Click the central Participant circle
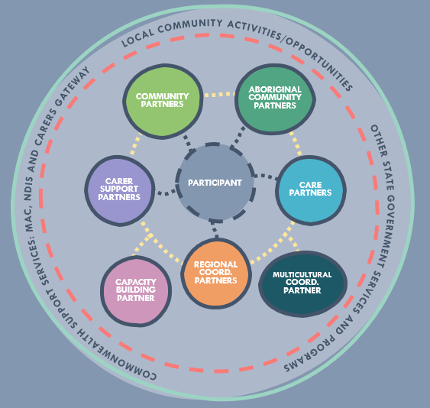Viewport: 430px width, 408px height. (215, 183)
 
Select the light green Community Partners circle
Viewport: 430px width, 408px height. (163, 102)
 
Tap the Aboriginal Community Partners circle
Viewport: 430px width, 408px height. (275, 99)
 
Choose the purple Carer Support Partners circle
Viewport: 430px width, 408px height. (120, 190)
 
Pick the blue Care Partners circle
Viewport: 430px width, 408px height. (311, 190)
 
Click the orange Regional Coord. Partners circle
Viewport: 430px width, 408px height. (216, 274)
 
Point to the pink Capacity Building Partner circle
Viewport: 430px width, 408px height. (136, 291)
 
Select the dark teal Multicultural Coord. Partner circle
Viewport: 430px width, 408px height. (302, 283)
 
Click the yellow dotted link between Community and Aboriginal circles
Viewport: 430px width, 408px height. (219, 95)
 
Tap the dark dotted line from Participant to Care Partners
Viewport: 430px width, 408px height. (266, 176)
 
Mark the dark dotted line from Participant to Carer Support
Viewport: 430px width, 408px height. (166, 192)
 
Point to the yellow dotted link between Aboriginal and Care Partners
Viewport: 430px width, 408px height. (296, 144)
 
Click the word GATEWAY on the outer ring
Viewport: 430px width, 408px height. (73, 86)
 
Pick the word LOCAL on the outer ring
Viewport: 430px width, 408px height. (137, 37)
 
